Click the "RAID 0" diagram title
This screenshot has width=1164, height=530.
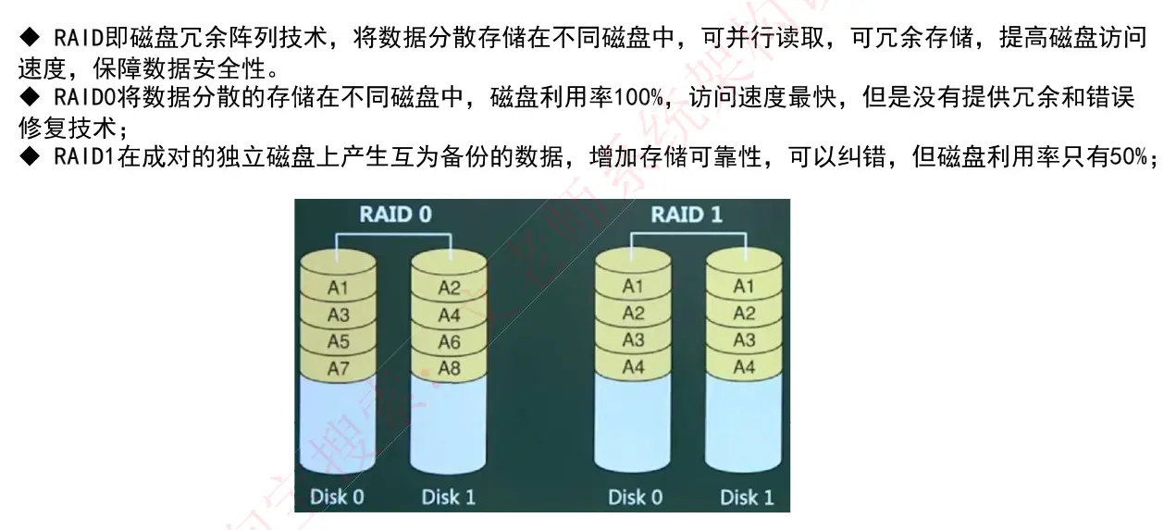pos(395,215)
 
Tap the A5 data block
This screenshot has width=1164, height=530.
pos(339,341)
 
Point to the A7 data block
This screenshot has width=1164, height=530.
pos(339,368)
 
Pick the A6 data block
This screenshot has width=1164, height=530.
pos(449,341)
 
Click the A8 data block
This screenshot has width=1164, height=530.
pos(449,368)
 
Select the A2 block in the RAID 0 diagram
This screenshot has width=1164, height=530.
pos(449,288)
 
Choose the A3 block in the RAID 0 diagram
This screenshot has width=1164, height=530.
pos(339,314)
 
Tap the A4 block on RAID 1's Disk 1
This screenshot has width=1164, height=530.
pos(744,366)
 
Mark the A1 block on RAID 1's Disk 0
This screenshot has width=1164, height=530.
pos(633,287)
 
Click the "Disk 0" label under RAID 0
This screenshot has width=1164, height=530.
pos(337,497)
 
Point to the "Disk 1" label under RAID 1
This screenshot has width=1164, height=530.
pos(746,497)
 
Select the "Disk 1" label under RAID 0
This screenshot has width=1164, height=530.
pos(448,497)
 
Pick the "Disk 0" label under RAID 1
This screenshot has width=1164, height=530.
pos(635,497)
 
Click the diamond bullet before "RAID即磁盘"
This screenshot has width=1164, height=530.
pos(28,38)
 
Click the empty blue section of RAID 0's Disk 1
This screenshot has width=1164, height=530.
pos(449,425)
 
